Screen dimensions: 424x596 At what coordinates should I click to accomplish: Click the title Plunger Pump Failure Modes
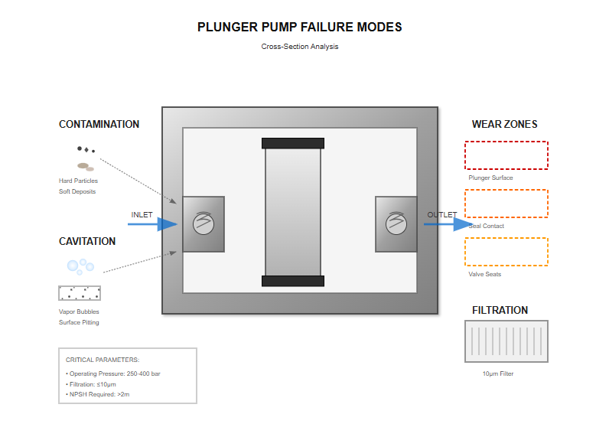pyautogui.click(x=299, y=27)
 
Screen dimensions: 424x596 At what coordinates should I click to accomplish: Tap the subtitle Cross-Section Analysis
pyautogui.click(x=299, y=47)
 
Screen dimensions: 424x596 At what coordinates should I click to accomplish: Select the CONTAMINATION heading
pyautogui.click(x=99, y=124)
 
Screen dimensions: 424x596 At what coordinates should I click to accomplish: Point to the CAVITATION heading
pyautogui.click(x=87, y=241)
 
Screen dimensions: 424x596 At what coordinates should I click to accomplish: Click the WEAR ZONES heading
pyautogui.click(x=504, y=124)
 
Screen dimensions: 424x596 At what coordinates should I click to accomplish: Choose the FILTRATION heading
pyautogui.click(x=500, y=310)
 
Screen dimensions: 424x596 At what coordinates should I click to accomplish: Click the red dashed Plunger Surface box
pyautogui.click(x=506, y=155)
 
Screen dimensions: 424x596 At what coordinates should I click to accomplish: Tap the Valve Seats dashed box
pyautogui.click(x=506, y=252)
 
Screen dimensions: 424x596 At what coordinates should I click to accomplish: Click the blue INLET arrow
pyautogui.click(x=153, y=224)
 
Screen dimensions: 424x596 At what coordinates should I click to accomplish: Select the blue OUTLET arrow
pyautogui.click(x=448, y=224)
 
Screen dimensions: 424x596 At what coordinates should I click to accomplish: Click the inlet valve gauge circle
pyautogui.click(x=203, y=224)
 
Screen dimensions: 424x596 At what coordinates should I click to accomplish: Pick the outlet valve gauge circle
pyautogui.click(x=396, y=224)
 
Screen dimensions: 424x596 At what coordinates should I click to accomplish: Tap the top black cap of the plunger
pyautogui.click(x=293, y=143)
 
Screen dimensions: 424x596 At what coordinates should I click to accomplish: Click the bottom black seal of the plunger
pyautogui.click(x=293, y=281)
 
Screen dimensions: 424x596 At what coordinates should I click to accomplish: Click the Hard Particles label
pyautogui.click(x=78, y=181)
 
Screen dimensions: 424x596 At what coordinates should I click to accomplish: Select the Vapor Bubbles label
pyautogui.click(x=79, y=311)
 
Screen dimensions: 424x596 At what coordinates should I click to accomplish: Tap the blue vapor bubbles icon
pyautogui.click(x=80, y=266)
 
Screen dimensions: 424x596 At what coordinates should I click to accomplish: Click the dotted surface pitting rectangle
pyautogui.click(x=80, y=292)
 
